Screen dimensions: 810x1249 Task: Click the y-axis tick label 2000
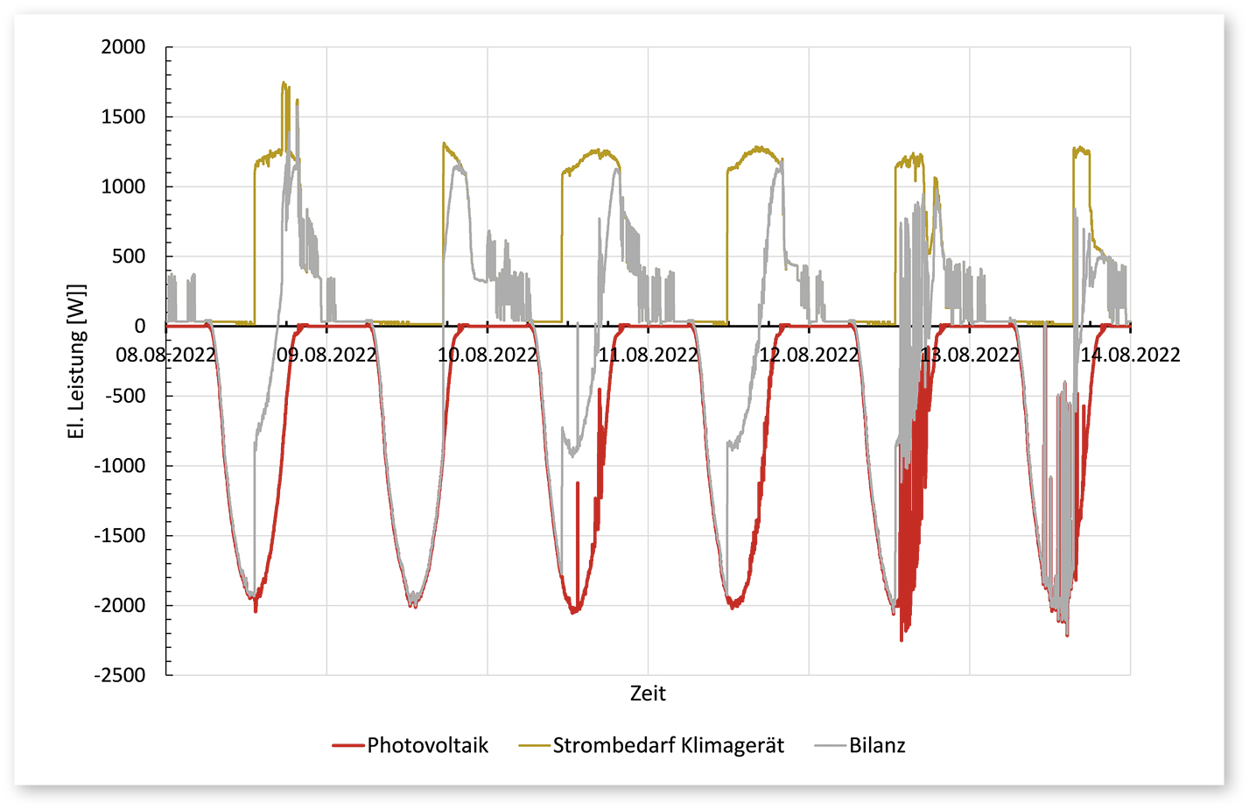pyautogui.click(x=123, y=47)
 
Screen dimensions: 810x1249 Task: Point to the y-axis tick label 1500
pyautogui.click(x=123, y=117)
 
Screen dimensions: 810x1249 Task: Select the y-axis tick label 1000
pyautogui.click(x=123, y=187)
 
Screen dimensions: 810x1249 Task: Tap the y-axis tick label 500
pyautogui.click(x=129, y=257)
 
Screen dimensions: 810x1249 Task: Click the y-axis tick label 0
pyautogui.click(x=140, y=327)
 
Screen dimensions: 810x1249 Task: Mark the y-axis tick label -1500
pyautogui.click(x=120, y=536)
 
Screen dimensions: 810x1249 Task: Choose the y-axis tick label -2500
pyautogui.click(x=120, y=675)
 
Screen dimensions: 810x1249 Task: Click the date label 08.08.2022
pyautogui.click(x=165, y=355)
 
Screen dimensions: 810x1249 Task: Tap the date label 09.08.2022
pyautogui.click(x=326, y=355)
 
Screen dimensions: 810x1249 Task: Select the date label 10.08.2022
pyautogui.click(x=488, y=355)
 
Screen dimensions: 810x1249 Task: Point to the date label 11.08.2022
pyautogui.click(x=648, y=355)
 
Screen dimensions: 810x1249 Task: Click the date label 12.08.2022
pyautogui.click(x=809, y=355)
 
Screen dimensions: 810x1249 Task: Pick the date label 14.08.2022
pyautogui.click(x=1130, y=355)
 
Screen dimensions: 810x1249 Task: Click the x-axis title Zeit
pyautogui.click(x=648, y=694)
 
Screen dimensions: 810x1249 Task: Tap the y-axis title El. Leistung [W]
pyautogui.click(x=77, y=361)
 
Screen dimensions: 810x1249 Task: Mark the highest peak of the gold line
pyautogui.click(x=283, y=82)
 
